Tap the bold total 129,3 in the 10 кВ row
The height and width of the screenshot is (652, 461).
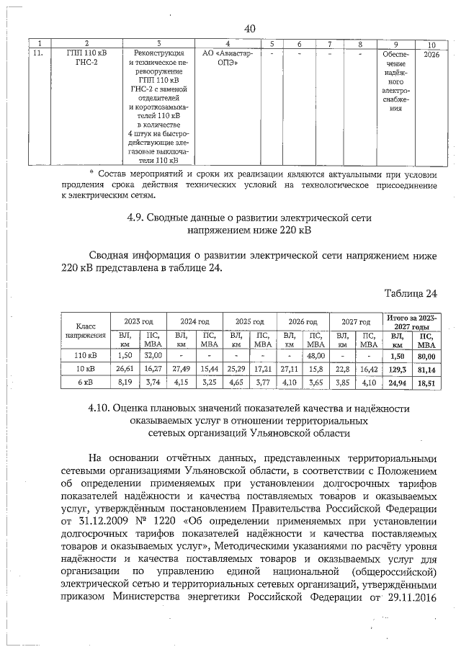[x=395, y=368]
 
